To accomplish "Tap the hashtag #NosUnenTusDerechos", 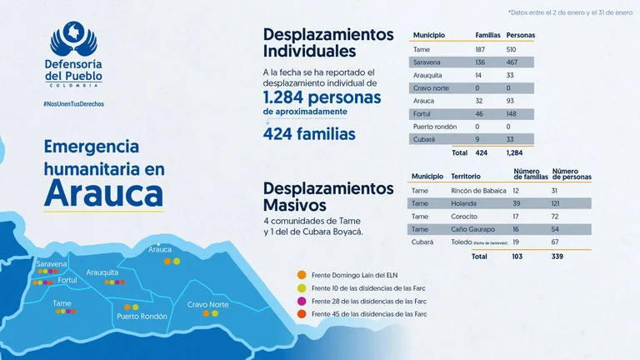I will coord(74,104).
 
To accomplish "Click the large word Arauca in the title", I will coord(102,192).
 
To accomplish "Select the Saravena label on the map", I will coord(52,263).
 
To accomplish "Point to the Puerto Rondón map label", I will coord(142,316).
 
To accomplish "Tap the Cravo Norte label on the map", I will coord(207,304).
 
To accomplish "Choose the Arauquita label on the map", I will coord(102,272).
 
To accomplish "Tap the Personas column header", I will coord(521,36).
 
